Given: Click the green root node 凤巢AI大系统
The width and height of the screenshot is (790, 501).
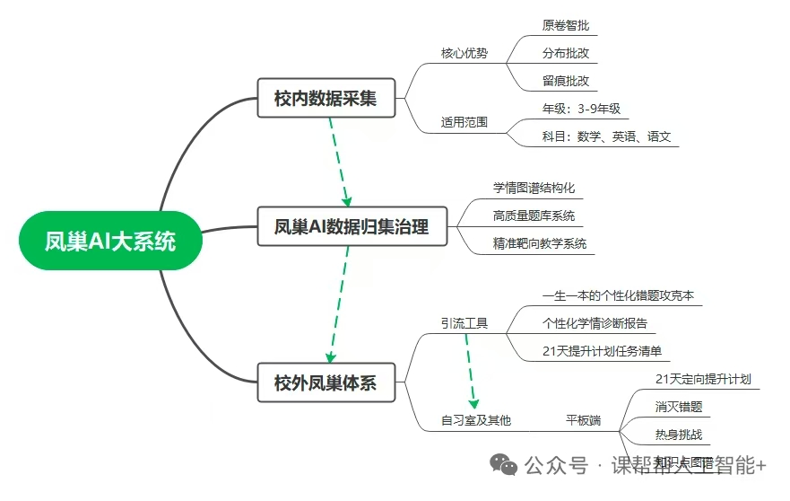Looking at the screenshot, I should (110, 241).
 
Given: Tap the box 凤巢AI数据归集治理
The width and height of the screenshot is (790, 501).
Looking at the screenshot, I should (351, 227).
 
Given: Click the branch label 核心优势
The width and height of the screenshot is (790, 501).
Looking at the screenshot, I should (464, 53).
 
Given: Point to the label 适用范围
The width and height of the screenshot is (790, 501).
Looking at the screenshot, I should (464, 122).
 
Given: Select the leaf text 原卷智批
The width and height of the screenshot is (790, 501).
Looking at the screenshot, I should (566, 25).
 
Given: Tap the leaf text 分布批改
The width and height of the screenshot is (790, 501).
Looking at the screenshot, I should (566, 53).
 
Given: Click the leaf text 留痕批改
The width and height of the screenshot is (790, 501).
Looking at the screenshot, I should (566, 81).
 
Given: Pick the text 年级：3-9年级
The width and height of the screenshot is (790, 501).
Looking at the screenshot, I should (581, 110).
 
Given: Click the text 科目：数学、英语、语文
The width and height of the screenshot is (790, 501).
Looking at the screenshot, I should (606, 137).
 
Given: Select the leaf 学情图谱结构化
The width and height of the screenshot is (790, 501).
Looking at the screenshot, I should (534, 189).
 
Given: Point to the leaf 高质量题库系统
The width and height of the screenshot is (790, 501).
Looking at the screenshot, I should (534, 216).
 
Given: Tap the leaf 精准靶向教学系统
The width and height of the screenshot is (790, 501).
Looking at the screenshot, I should (540, 244).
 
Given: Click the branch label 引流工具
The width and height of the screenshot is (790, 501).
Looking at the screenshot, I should (464, 323).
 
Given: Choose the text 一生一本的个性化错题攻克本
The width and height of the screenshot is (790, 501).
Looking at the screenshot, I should (618, 295).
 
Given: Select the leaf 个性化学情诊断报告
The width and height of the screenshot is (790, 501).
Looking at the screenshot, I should (595, 323).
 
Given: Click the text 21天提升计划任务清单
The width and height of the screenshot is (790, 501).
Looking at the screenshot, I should (606, 351).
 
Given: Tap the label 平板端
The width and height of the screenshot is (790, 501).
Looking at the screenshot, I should (583, 419).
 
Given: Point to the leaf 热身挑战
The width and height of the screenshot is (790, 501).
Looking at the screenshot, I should (679, 435).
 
